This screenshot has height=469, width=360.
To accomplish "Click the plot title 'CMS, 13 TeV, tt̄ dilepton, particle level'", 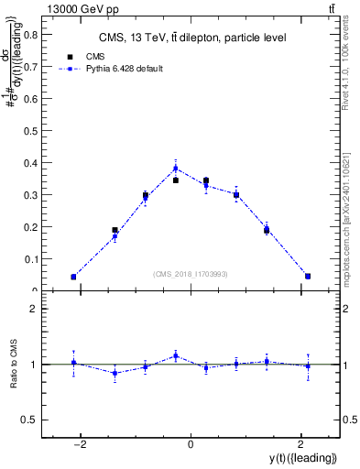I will click(x=191, y=38).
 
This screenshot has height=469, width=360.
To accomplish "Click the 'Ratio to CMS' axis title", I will click(x=14, y=364).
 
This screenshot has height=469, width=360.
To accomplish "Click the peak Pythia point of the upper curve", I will click(x=176, y=168).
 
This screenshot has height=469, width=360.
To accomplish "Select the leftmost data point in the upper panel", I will click(x=73, y=277).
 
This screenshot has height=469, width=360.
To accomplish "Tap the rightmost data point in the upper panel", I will click(x=308, y=276).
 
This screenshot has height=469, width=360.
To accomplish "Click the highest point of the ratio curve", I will click(x=176, y=355).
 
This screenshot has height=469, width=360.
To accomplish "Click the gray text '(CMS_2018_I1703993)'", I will click(x=191, y=274).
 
